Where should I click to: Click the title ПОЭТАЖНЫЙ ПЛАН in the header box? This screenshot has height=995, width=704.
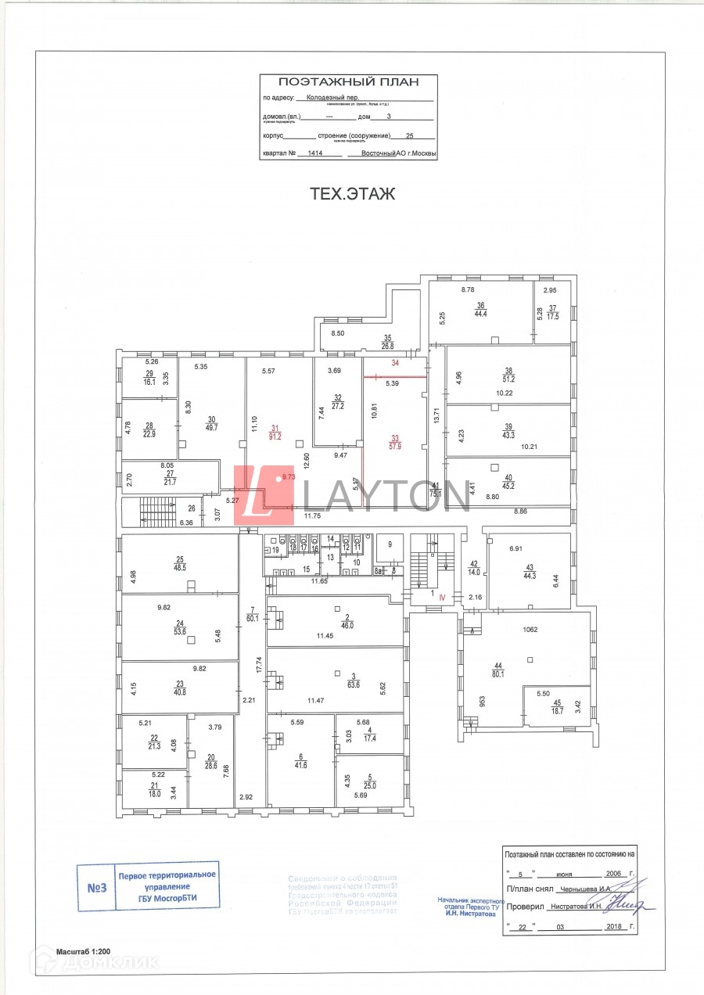pos(348,81)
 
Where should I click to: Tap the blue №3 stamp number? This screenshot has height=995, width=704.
pos(96,887)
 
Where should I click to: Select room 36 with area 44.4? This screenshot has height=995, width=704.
pos(480,310)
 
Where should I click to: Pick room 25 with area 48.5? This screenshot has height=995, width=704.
pos(180,562)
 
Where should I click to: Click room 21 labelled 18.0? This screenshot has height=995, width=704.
pos(155,790)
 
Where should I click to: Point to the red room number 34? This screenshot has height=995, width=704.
pos(395,363)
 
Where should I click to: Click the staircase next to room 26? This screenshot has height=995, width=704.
pos(154,512)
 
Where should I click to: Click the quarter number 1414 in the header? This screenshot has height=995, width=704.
pos(315,154)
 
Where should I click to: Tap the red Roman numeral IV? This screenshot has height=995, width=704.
pos(442,596)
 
